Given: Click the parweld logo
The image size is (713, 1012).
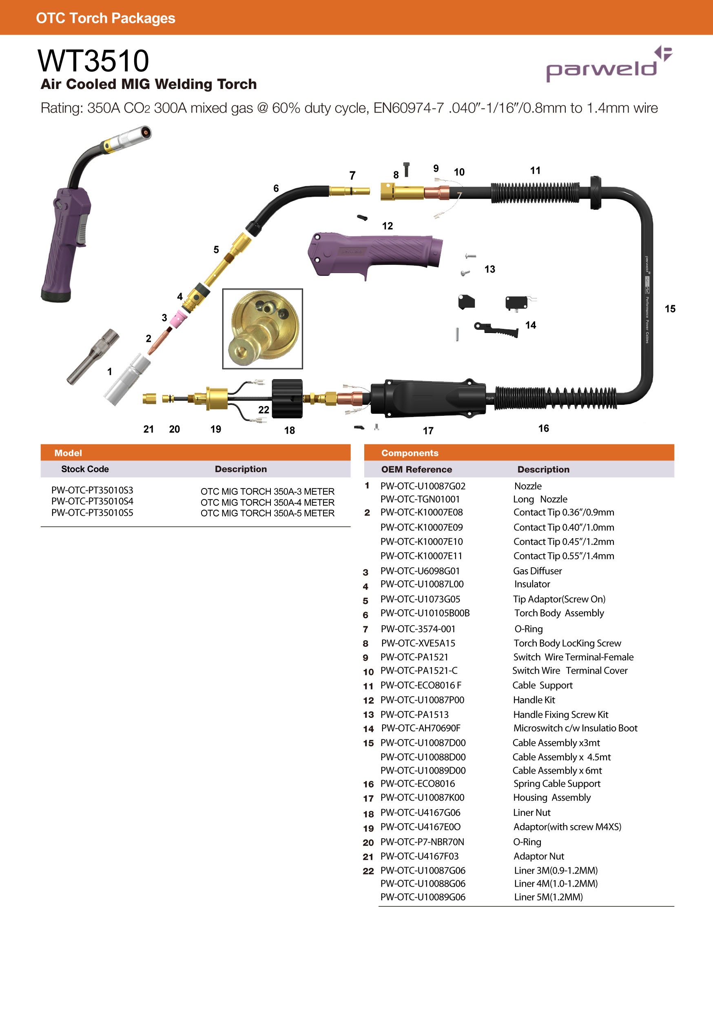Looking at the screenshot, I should (x=608, y=65).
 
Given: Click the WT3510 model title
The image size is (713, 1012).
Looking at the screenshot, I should (x=93, y=61).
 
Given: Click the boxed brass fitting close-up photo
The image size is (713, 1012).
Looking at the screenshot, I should (x=263, y=329).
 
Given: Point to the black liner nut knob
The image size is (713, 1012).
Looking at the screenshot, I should (x=287, y=398).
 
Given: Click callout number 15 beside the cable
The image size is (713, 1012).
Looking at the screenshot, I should (x=670, y=308).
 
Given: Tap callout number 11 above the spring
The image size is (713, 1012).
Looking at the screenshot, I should (x=535, y=171).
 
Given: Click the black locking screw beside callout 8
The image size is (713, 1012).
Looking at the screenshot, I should (x=406, y=169).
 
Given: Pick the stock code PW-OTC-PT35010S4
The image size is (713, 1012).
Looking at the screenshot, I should (x=92, y=501).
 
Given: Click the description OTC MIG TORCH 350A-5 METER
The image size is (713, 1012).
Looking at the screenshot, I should (x=267, y=513).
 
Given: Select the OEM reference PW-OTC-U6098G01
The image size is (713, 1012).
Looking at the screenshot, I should (x=420, y=571).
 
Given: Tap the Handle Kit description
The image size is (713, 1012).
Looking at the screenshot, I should (x=534, y=699).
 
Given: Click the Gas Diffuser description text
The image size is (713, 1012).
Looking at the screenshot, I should (x=537, y=571).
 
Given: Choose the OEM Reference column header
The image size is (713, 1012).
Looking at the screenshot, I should (x=416, y=469).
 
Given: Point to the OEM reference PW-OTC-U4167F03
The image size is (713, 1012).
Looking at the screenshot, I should (x=419, y=856).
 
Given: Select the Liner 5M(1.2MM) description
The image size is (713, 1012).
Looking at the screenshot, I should (x=548, y=897).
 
